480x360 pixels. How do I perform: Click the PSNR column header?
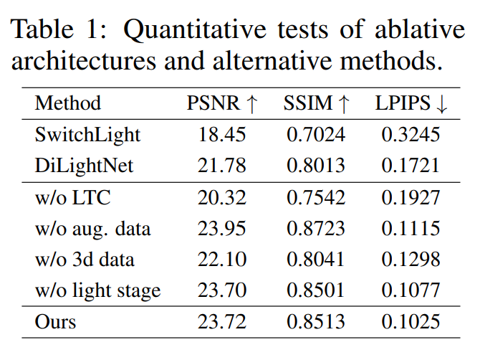[x=221, y=103]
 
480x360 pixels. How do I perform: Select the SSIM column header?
[x=318, y=103]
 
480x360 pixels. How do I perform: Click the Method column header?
[x=68, y=103]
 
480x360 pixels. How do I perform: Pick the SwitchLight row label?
[x=88, y=135]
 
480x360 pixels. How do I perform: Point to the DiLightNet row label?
[x=84, y=166]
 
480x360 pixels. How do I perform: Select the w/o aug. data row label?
[x=93, y=229]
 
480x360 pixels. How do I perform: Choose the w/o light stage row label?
[x=98, y=291]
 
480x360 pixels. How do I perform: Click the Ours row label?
[x=55, y=323]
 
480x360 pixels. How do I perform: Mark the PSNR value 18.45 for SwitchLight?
[x=222, y=135]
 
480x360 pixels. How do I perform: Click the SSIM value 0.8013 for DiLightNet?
[x=316, y=166]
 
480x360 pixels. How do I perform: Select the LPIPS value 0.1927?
[x=411, y=198]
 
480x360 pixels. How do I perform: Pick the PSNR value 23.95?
[x=222, y=229]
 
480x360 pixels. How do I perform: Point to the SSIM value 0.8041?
[x=316, y=260]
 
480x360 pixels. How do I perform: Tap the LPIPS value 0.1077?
[x=411, y=291]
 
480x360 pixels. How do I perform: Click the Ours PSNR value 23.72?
[x=222, y=323]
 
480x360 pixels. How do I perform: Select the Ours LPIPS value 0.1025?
[x=411, y=323]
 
